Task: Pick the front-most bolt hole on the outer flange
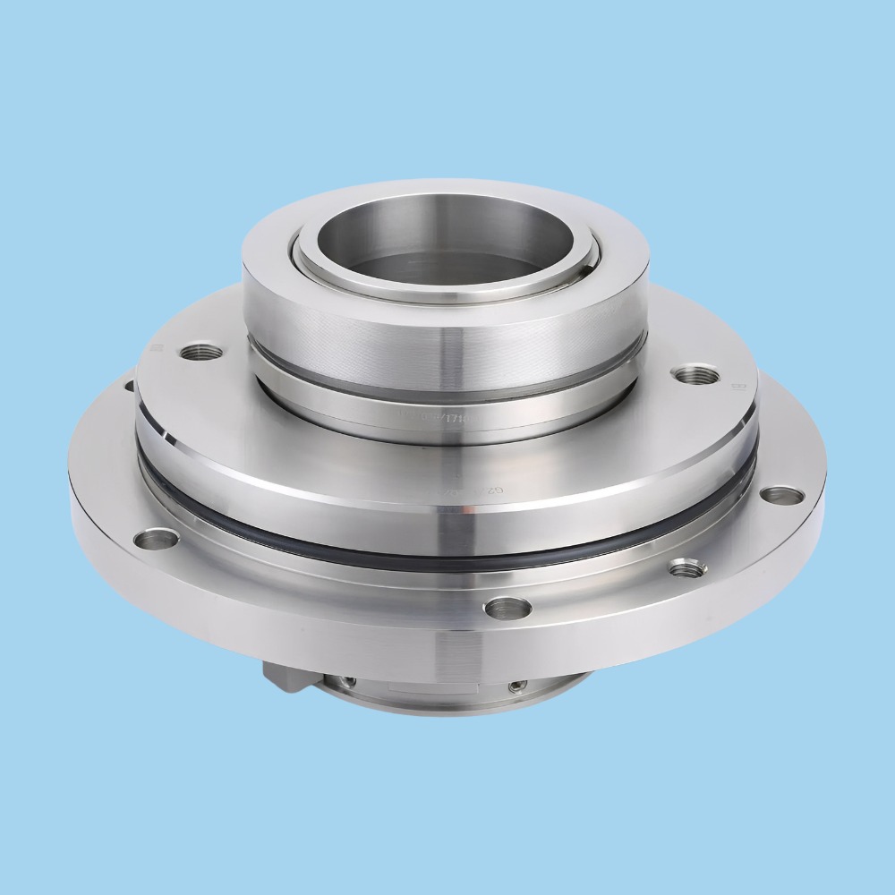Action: [x=497, y=609]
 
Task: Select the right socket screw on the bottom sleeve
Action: [x=516, y=686]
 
